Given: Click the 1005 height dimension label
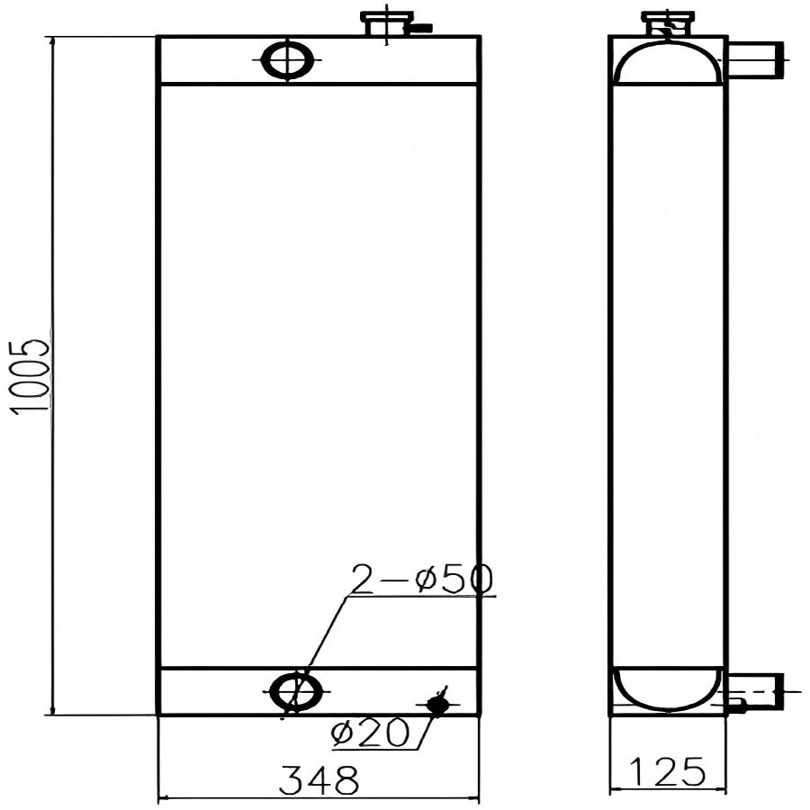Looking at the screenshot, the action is [31, 376].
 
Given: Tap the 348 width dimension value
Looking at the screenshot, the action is [319, 780].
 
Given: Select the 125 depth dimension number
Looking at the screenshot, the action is [667, 772].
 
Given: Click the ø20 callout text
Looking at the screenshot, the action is [371, 732].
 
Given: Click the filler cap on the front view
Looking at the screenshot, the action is [387, 23].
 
